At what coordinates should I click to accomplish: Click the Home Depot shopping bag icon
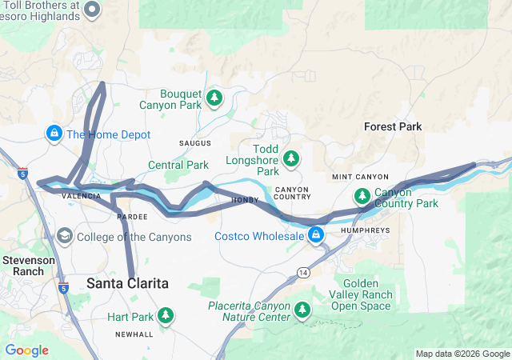(x=54, y=133)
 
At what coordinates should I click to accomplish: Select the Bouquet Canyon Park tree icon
(x=214, y=98)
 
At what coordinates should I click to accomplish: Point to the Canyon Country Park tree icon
(x=362, y=195)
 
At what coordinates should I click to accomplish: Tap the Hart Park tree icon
(x=166, y=315)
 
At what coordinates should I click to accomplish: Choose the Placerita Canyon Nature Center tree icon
(x=302, y=310)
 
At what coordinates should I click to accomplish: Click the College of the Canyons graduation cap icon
(x=64, y=236)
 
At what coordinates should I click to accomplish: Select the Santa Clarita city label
(x=127, y=284)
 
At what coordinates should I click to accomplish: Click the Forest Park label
(x=392, y=126)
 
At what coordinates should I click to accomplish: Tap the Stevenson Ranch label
(x=28, y=266)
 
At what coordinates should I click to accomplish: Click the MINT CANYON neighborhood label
(x=360, y=177)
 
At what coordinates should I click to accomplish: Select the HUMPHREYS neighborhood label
(x=364, y=230)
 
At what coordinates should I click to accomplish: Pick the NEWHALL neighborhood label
(x=133, y=334)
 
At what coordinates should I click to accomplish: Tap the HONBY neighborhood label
(x=244, y=200)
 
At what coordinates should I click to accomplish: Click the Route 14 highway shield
(x=303, y=274)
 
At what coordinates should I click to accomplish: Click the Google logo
(x=26, y=350)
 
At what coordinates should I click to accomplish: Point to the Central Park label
(x=178, y=166)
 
